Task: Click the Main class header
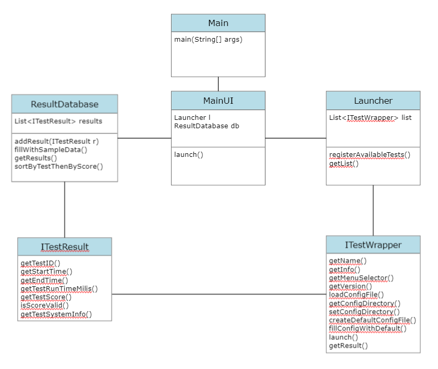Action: (x=218, y=23)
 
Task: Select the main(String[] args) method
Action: (x=208, y=40)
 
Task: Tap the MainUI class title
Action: (x=218, y=101)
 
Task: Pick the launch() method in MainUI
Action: (x=189, y=154)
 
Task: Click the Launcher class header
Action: (x=373, y=101)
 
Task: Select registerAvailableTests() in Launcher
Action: (x=370, y=155)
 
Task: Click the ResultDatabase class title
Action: (x=65, y=104)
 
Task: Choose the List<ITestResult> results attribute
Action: (x=58, y=121)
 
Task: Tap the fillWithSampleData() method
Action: (x=51, y=150)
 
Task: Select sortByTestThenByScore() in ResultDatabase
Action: (x=58, y=166)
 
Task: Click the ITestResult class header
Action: (x=65, y=247)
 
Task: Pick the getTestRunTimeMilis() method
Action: (x=59, y=288)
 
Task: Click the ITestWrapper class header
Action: (x=373, y=245)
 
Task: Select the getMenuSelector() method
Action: (x=361, y=278)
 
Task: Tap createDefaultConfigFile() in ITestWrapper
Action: (x=372, y=320)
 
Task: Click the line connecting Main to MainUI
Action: (x=218, y=84)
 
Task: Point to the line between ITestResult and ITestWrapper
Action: (x=219, y=294)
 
